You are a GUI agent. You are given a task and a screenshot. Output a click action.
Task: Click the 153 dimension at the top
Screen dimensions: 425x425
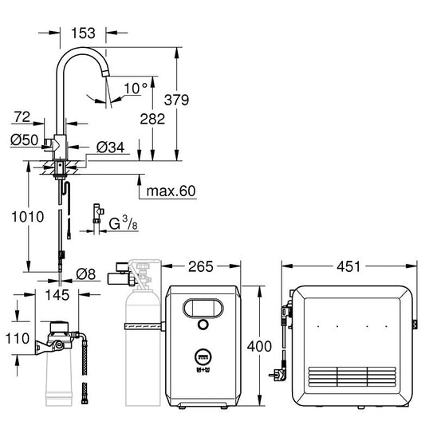(83, 33)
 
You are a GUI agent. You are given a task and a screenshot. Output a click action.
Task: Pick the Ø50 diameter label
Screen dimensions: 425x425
(22, 141)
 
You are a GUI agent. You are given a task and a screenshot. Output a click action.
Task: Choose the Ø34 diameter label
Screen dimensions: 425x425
(110, 148)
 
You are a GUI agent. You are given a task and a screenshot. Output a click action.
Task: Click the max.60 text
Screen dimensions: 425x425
(171, 191)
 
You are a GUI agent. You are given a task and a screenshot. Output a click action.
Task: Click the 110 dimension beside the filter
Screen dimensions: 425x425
(16, 337)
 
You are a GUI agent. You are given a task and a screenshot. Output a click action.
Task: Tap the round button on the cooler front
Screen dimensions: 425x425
(204, 325)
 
